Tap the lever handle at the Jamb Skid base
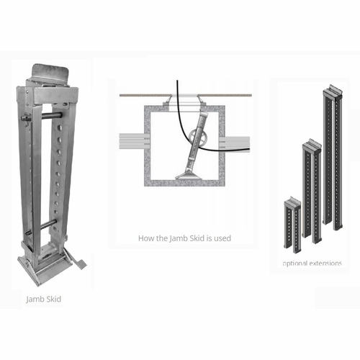pyautogui.click(x=78, y=260)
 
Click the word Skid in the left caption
pyautogui.click(x=53, y=298)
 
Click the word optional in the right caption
pyautogui.click(x=295, y=264)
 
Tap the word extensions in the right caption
pyautogui.click(x=326, y=264)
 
